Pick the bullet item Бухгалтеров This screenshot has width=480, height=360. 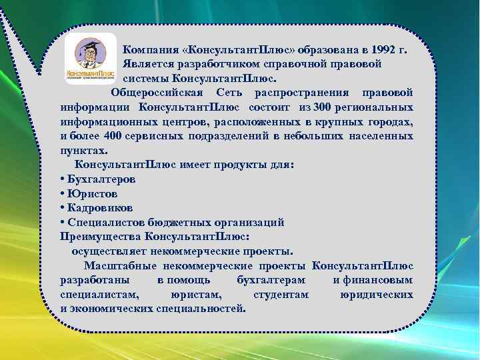click(101, 179)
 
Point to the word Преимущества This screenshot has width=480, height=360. click(101, 237)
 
